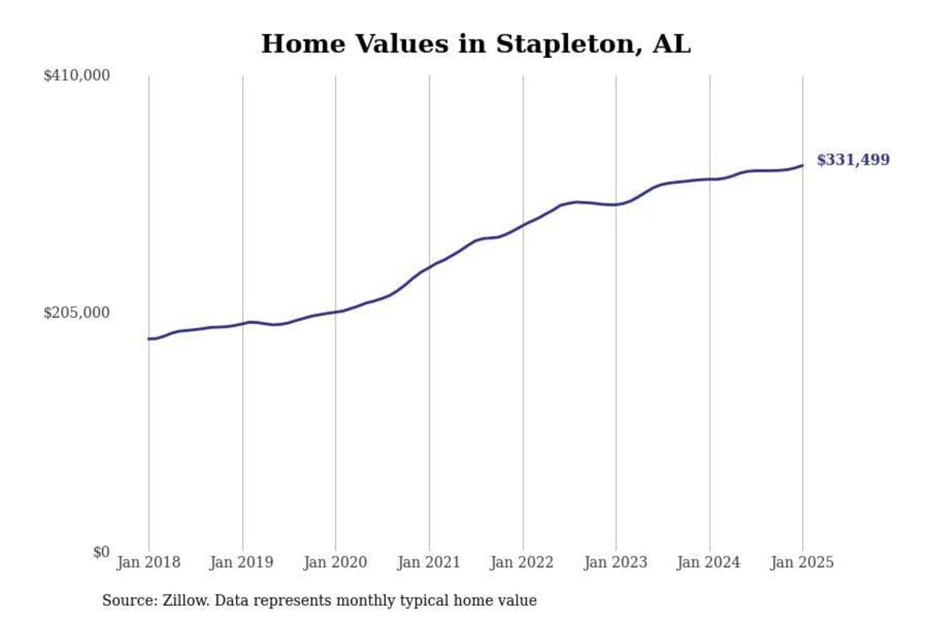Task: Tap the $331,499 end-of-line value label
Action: [853, 160]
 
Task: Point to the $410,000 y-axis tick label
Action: [77, 76]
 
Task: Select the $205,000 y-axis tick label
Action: [77, 313]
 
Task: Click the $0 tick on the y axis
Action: [101, 552]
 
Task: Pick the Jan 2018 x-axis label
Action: [148, 563]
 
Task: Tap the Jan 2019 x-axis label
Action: [242, 563]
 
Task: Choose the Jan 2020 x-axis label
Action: [336, 563]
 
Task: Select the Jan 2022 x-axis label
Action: [523, 563]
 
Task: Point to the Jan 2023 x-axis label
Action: [616, 563]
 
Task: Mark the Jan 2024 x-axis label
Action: [709, 563]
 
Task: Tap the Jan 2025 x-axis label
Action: [803, 563]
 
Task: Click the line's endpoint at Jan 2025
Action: [803, 165]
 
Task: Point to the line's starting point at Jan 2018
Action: [148, 338]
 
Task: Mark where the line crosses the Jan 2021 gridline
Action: [429, 268]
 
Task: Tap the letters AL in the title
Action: [671, 45]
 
